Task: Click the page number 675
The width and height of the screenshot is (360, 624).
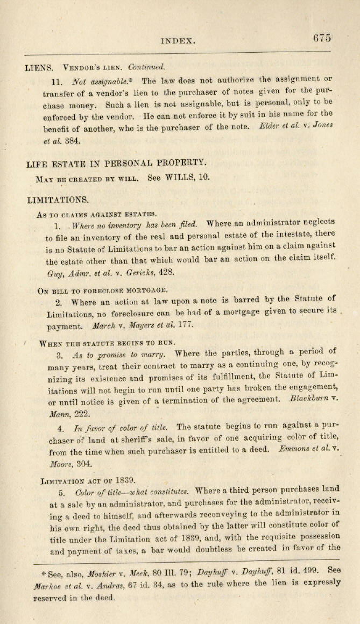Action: pyautogui.click(x=321, y=38)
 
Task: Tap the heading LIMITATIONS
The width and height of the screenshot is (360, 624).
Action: pyautogui.click(x=58, y=200)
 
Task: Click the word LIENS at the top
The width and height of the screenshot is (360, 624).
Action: pyautogui.click(x=39, y=68)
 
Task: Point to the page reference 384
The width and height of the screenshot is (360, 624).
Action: pyautogui.click(x=73, y=141)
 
